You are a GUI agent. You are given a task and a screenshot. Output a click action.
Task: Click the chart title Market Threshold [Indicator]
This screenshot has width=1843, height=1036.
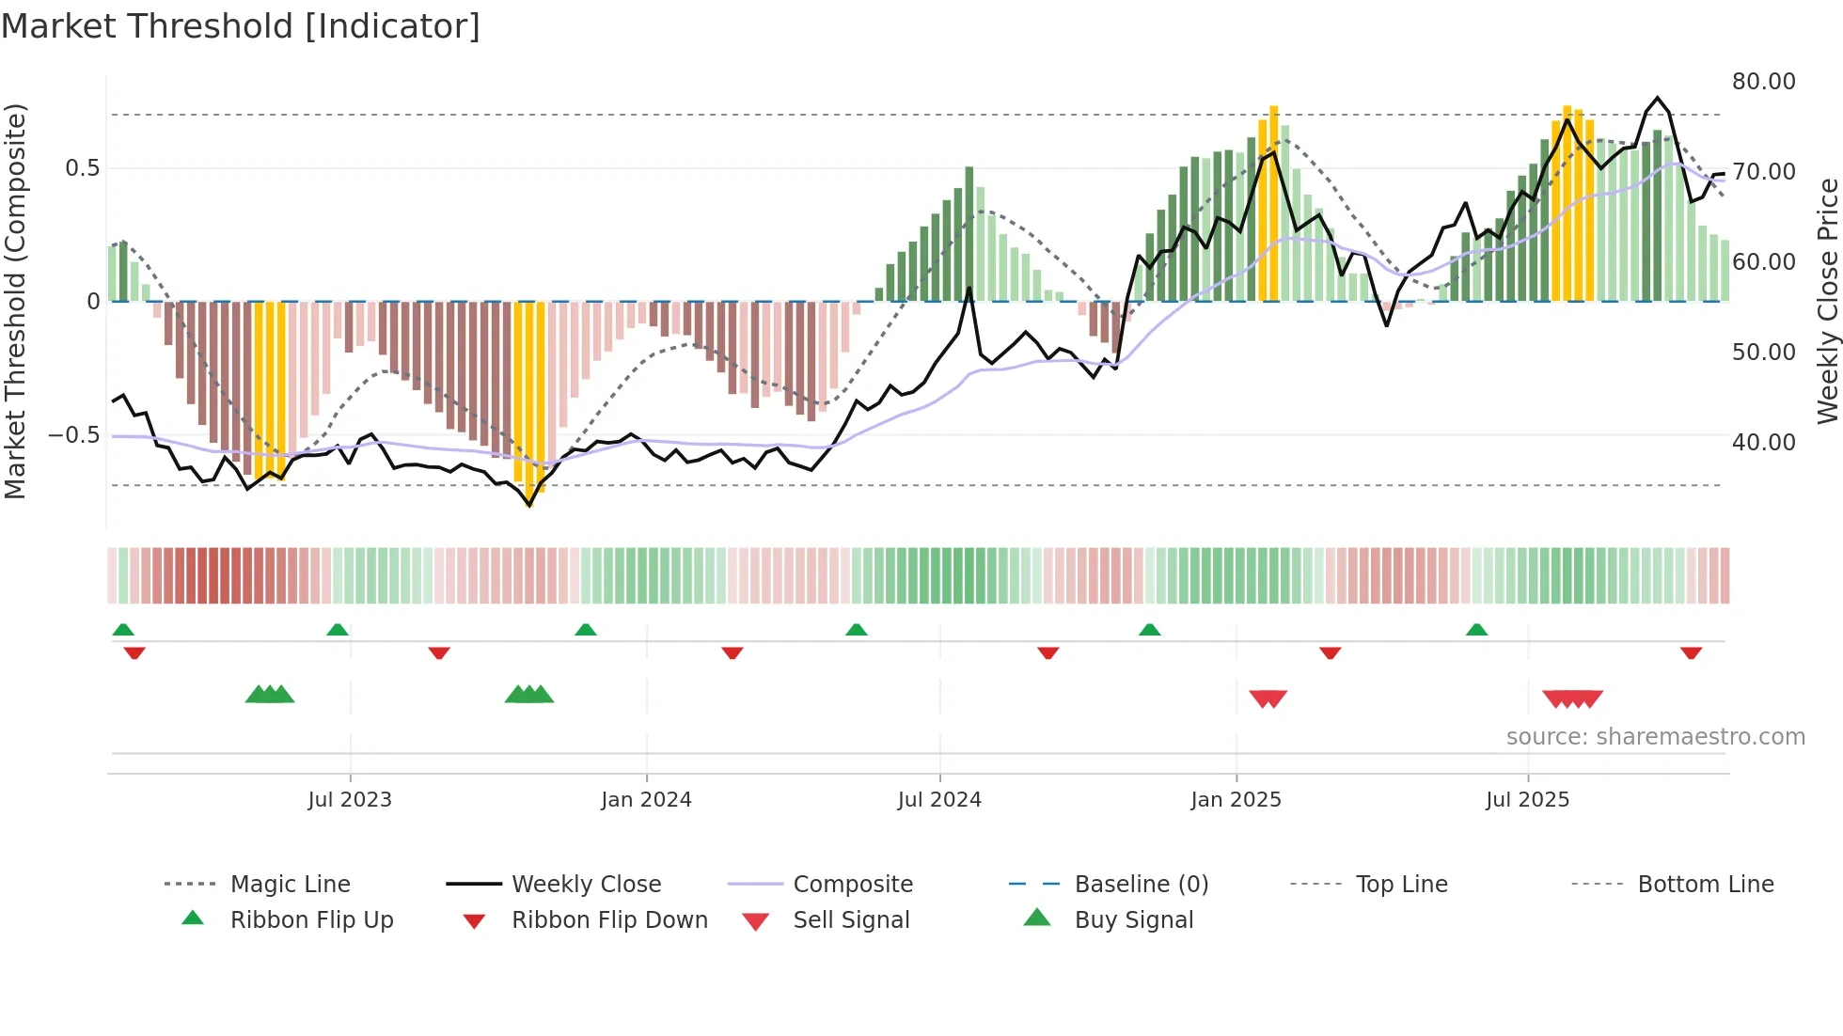point(241,26)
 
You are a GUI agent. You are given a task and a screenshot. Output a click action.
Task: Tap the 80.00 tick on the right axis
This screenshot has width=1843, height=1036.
point(1763,82)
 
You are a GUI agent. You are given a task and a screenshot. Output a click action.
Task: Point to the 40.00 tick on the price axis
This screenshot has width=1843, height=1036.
point(1763,442)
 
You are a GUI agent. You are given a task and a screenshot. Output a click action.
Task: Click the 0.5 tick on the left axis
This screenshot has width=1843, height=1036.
point(82,168)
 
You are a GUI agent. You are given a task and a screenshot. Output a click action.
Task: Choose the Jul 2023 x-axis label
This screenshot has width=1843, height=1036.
point(350,800)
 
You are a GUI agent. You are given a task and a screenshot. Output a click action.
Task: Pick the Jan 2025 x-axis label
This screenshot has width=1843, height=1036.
point(1236,800)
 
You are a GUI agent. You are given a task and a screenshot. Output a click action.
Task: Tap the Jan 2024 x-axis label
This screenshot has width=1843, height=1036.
point(646,800)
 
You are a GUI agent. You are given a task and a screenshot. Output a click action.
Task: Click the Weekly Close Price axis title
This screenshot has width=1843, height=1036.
point(1827,301)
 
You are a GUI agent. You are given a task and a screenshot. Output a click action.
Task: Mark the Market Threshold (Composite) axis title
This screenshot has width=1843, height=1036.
point(15,301)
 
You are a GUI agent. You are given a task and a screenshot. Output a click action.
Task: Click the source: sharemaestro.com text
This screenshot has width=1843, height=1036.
point(1655,737)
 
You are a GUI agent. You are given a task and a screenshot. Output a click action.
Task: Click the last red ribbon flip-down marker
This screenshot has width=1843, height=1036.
point(1691,652)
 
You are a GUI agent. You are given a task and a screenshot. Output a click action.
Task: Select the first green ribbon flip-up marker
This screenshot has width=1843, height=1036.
point(123,630)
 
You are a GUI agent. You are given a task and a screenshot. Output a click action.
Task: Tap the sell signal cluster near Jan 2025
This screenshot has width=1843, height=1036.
point(1268,699)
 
